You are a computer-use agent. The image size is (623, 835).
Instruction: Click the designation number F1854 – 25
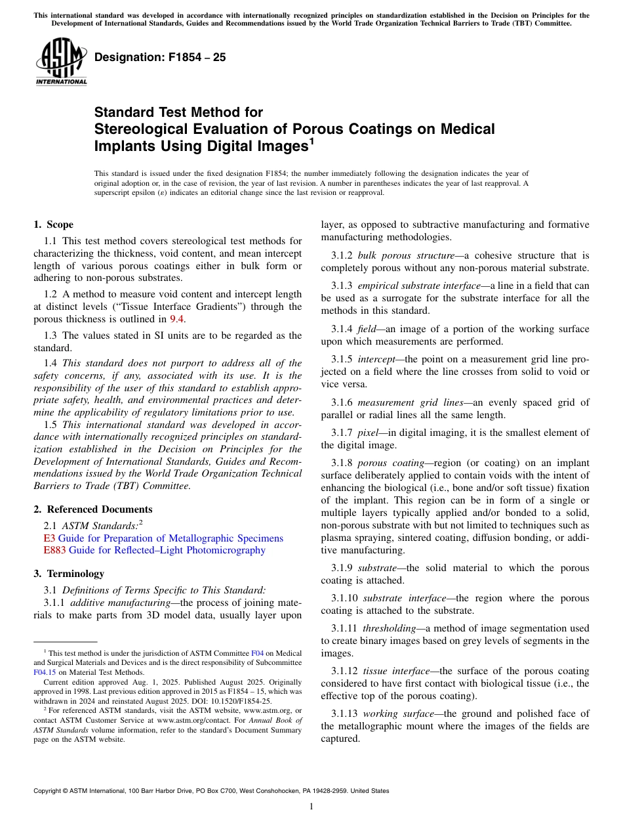click(x=160, y=58)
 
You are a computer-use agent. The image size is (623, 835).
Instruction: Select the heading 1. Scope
click(x=54, y=225)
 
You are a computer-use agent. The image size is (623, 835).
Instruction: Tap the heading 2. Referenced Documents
click(x=93, y=509)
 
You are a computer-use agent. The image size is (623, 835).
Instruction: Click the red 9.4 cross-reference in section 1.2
click(x=177, y=319)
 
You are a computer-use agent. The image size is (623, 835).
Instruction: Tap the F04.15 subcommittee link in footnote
click(x=45, y=672)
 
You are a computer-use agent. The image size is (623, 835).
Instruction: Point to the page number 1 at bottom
click(x=311, y=807)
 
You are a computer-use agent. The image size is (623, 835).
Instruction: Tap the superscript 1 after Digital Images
click(x=312, y=141)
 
